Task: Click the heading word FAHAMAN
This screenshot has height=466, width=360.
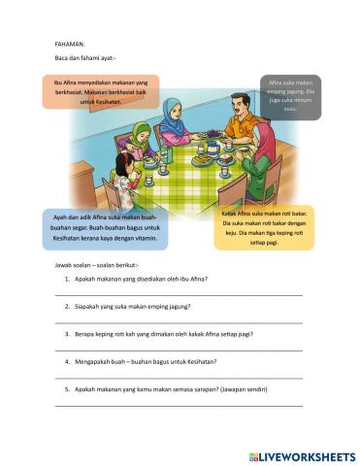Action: (70, 43)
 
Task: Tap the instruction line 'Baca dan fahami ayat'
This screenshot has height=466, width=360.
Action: (92, 60)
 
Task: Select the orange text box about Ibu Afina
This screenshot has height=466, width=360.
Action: (100, 92)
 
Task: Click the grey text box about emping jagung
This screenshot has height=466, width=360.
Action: (289, 96)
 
